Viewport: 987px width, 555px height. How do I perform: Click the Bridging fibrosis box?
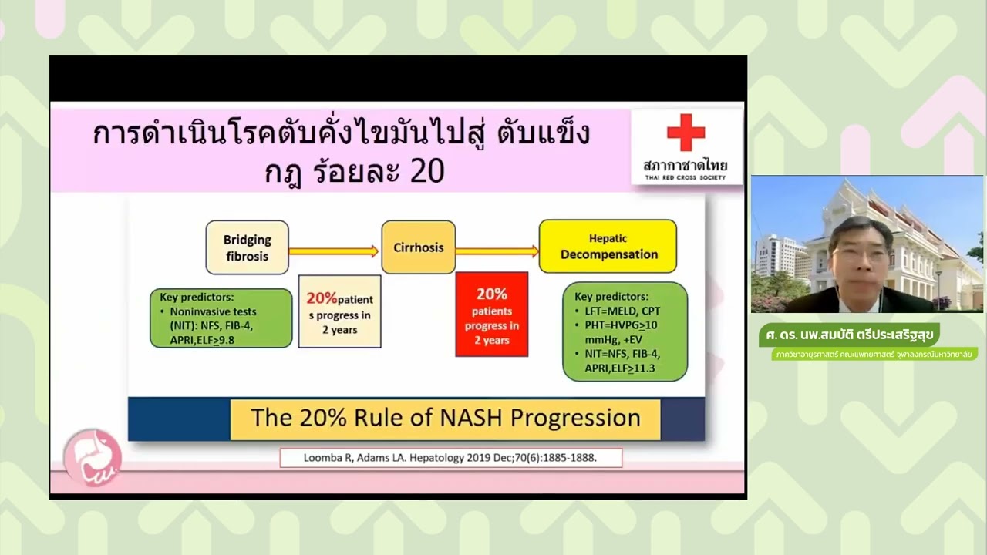coord(247,247)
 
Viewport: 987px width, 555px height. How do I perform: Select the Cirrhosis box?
coord(419,247)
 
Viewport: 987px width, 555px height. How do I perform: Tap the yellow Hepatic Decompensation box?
coord(608,246)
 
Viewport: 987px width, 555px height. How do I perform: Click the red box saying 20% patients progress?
coord(491,314)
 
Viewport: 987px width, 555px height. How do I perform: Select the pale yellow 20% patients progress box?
coord(339,311)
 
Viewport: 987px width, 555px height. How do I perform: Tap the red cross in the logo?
coord(686,133)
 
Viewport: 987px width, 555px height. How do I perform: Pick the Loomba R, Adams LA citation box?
coord(450,458)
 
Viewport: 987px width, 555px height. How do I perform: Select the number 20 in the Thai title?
coord(427,171)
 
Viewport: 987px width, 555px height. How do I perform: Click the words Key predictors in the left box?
coord(196,297)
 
